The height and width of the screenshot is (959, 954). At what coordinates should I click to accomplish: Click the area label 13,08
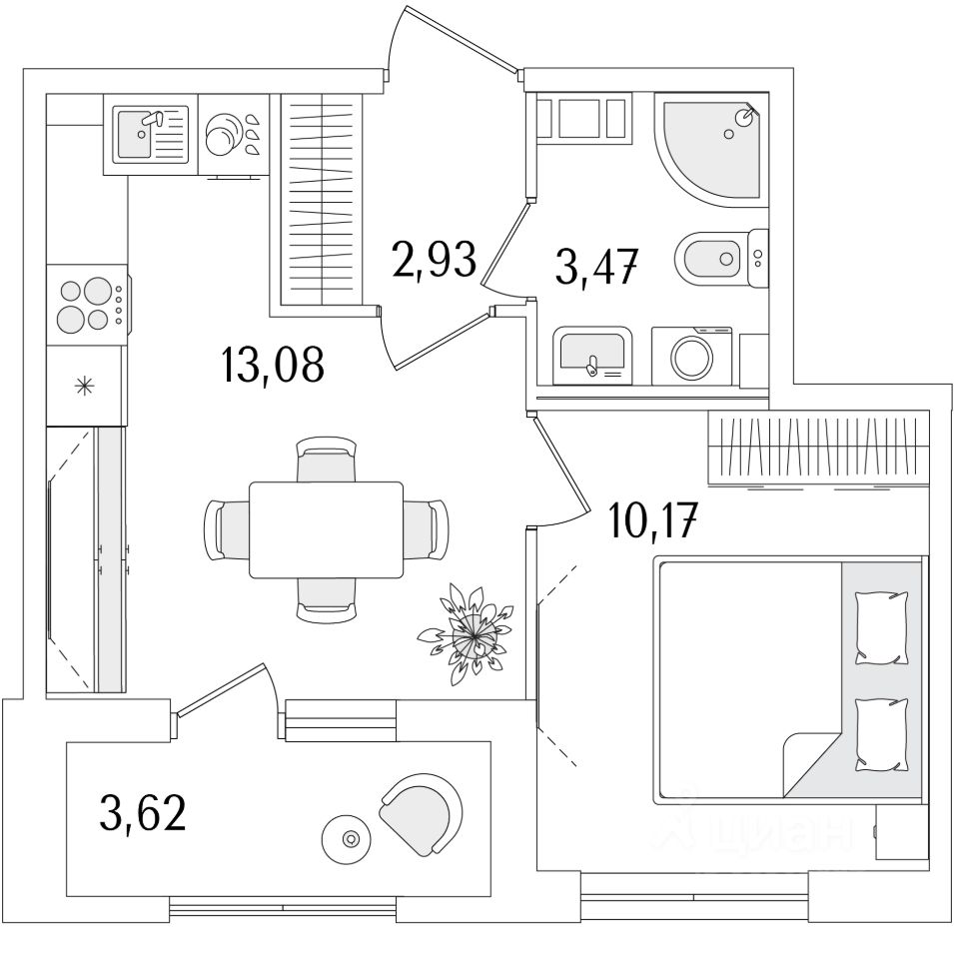pyautogui.click(x=274, y=367)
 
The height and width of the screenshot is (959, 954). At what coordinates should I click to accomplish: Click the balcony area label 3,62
pyautogui.click(x=143, y=812)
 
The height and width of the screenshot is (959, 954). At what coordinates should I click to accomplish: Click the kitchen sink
pyautogui.click(x=151, y=135)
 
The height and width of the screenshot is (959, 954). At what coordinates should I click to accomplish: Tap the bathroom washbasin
pyautogui.click(x=592, y=356)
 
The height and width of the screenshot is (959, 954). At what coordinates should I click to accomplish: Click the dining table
pyautogui.click(x=326, y=529)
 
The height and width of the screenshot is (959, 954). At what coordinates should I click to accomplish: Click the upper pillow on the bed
pyautogui.click(x=883, y=626)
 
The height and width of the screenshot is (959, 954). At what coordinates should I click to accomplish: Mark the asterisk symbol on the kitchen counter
pyautogui.click(x=86, y=385)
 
